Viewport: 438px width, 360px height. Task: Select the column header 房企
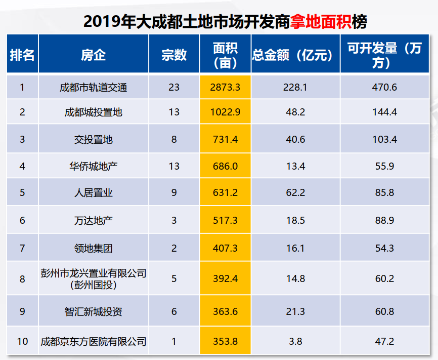[x=94, y=55]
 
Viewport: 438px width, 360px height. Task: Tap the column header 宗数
[x=174, y=55]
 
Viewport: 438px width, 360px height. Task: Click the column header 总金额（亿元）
[x=295, y=55]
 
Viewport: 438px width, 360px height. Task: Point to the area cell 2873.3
[x=225, y=88]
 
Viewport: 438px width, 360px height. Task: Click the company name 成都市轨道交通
[x=94, y=88]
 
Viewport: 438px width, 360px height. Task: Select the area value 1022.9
[x=225, y=112]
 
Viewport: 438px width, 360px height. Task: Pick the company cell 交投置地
[x=94, y=139]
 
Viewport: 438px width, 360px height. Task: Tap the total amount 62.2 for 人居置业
[x=295, y=193]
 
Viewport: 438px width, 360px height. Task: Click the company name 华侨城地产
[x=94, y=166]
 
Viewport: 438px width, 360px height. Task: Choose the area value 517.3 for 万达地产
[x=225, y=220]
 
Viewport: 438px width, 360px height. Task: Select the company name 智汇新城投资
[x=94, y=311]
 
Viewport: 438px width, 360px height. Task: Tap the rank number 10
[x=22, y=341]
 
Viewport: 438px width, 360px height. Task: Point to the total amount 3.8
[x=295, y=341]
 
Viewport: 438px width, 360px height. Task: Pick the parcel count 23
[x=174, y=88]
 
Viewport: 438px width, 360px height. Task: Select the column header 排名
[x=22, y=55]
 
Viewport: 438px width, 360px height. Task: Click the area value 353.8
[x=225, y=341]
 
